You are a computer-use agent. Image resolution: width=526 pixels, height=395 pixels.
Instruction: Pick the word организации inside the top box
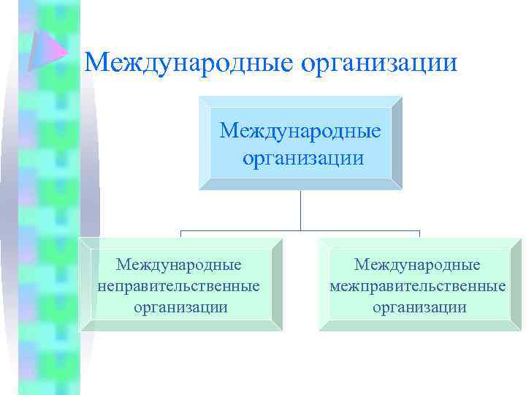302,157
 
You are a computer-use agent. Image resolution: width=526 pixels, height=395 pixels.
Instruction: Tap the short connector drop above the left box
181,235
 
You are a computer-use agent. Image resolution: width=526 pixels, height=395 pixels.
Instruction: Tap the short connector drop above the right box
419,235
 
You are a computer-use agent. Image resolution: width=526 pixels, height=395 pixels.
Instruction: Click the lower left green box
180,322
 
